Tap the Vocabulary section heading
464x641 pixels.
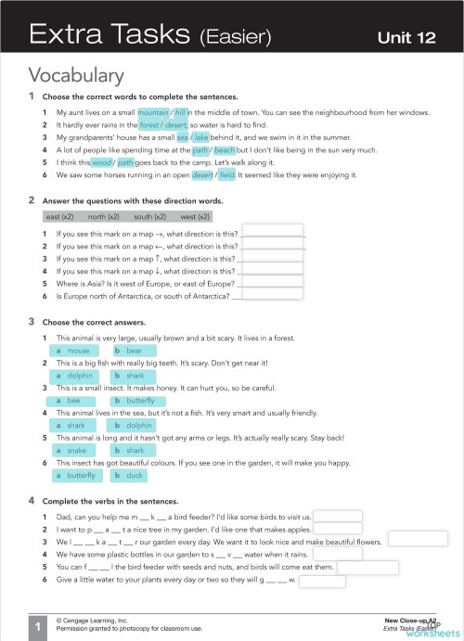click(x=76, y=75)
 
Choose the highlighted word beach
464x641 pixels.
click(x=225, y=148)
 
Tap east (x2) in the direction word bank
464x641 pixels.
click(x=59, y=216)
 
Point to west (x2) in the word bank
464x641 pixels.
click(x=195, y=216)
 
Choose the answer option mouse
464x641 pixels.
click(x=73, y=351)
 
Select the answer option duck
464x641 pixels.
click(x=129, y=475)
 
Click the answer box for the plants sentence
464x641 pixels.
click(x=323, y=581)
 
